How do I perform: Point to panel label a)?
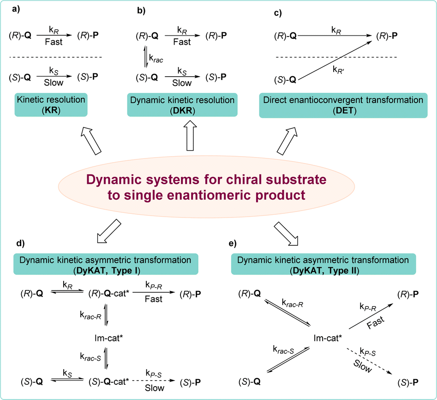(9, 12)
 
